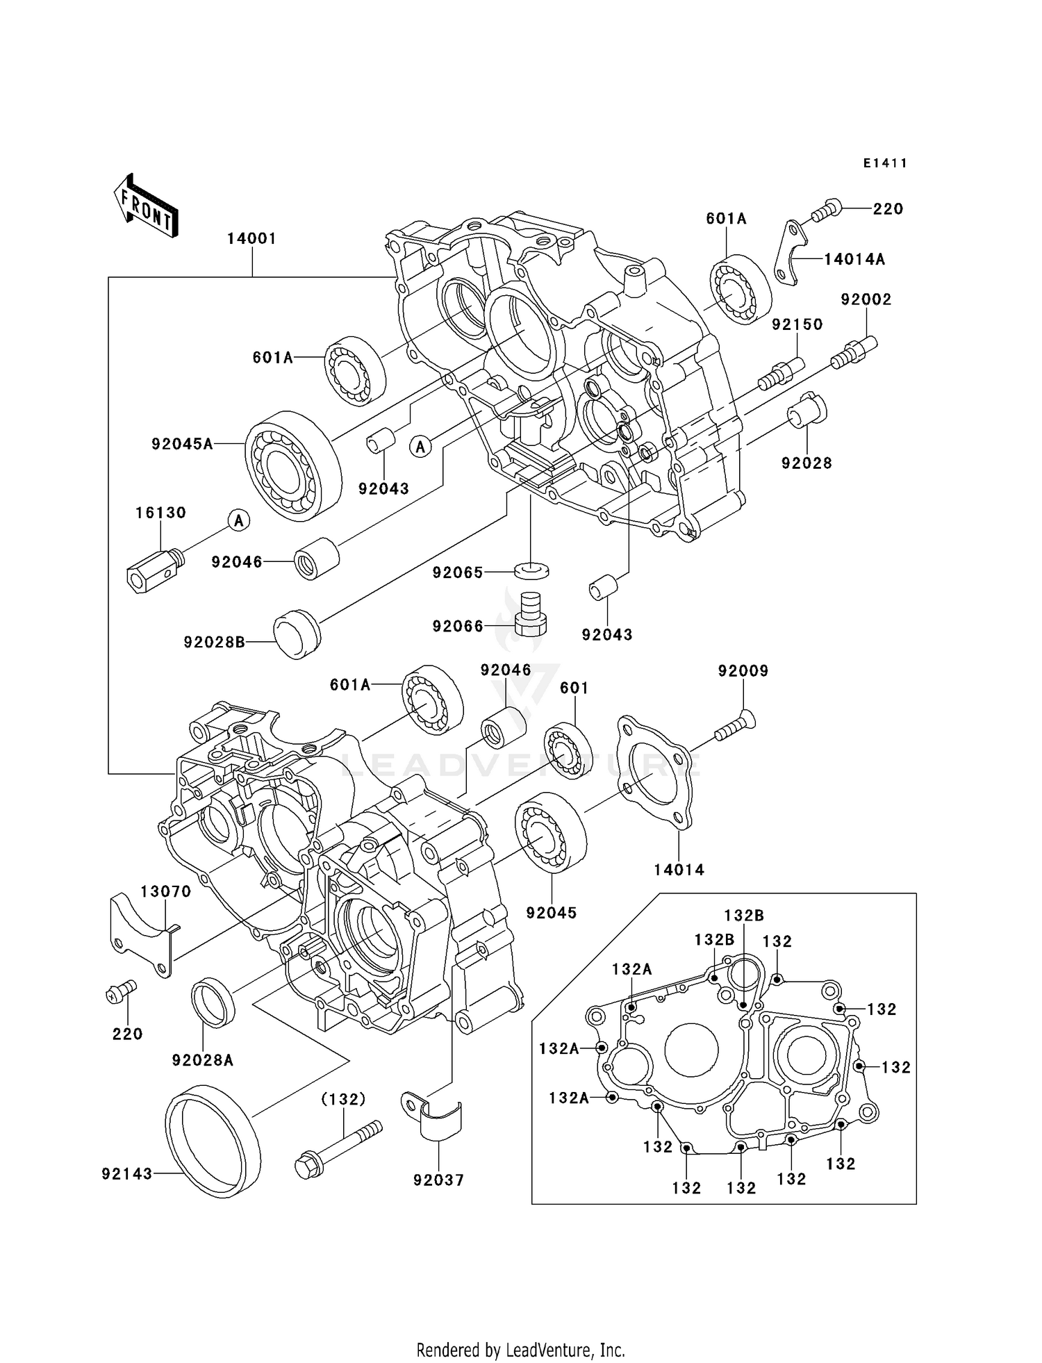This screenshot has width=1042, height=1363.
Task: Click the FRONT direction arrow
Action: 146,207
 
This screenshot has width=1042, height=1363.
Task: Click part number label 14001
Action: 251,239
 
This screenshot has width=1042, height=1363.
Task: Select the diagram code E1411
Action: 885,163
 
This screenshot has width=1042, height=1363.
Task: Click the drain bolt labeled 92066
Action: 531,612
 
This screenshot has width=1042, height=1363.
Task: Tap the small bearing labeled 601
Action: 568,751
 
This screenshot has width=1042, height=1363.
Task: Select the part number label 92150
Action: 797,324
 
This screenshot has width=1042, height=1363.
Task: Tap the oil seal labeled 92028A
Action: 213,1001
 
